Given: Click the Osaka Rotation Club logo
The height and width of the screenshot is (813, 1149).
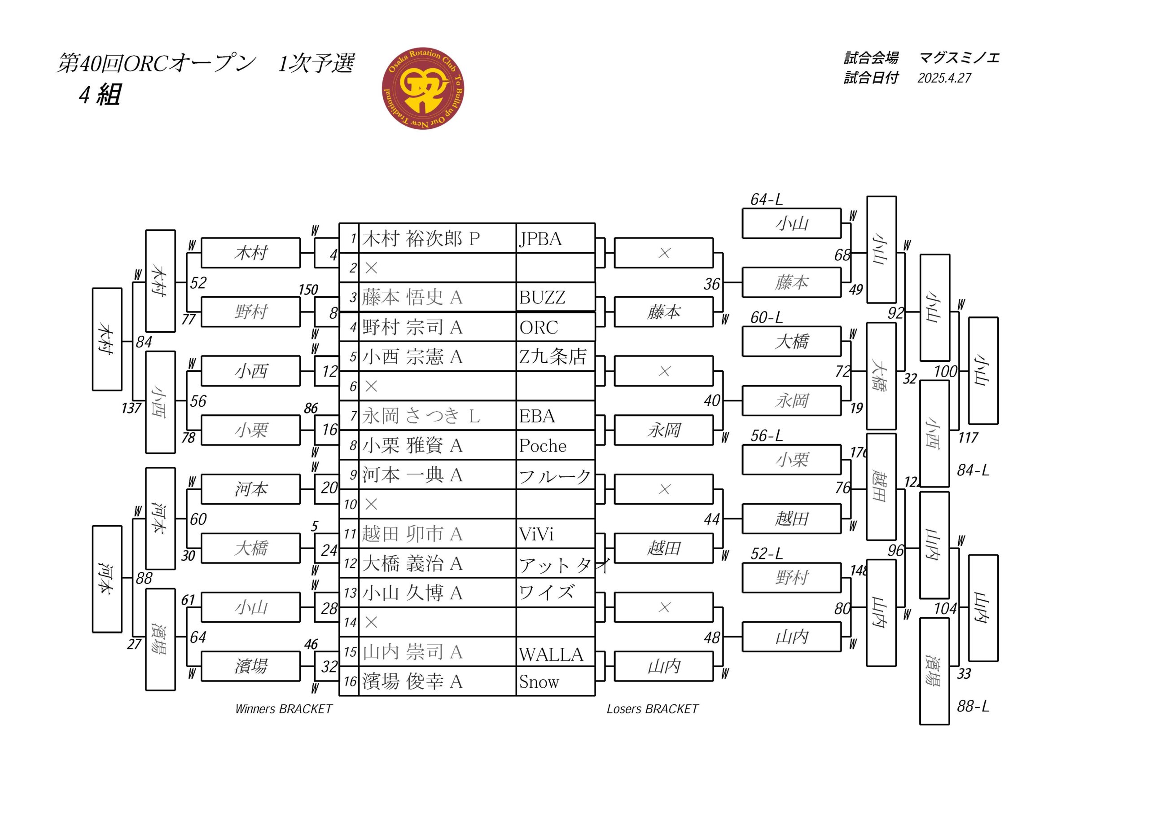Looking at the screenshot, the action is pos(423,88).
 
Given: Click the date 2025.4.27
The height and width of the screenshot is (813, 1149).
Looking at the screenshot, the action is pos(944,78).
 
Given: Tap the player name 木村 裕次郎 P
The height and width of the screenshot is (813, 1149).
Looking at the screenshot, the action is pos(421,238).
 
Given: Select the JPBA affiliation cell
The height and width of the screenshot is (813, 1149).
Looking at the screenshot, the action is pos(556,238).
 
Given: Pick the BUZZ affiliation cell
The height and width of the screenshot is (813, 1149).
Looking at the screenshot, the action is pos(556,297).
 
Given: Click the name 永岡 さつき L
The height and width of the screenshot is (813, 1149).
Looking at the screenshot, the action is pos(421,416).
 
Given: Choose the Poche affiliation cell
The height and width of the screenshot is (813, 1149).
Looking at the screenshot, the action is pos(556,445).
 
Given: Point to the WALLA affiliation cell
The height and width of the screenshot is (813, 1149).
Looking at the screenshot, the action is pos(556,652).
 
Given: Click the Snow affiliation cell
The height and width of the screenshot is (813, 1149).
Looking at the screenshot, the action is pos(556,681).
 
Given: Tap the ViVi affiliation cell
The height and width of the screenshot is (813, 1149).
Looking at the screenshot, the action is pos(556,534).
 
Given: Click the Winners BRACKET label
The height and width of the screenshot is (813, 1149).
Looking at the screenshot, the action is pos(284,709).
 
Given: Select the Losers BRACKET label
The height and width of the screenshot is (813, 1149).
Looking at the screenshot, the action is pos(653,709).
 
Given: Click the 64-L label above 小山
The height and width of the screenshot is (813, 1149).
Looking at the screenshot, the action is pos(766,200).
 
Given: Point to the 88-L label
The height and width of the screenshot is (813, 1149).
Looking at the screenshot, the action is pos(974,706).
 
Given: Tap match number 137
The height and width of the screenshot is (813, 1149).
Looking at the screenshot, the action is pos(132,408).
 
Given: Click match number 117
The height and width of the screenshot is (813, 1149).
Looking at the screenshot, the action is pos(968,438).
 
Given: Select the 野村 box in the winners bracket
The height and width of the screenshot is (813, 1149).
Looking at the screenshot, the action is pos(251,312).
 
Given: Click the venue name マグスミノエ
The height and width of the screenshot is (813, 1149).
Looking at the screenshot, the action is pos(959,58).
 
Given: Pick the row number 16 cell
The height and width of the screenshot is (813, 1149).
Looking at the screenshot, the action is pos(350,681).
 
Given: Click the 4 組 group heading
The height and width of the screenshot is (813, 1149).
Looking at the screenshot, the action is pos(100,94).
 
